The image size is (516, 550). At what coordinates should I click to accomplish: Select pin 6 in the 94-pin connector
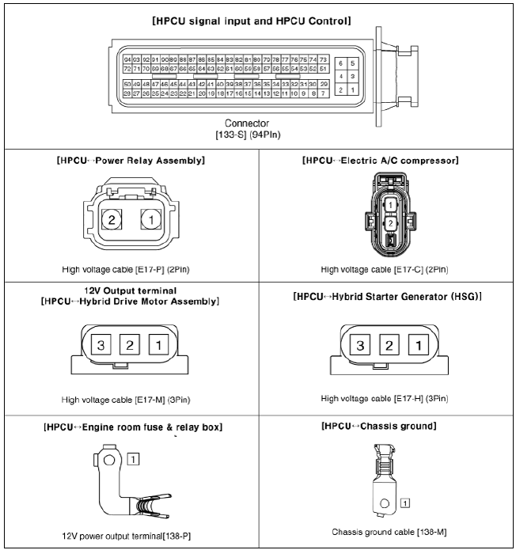tap(340, 63)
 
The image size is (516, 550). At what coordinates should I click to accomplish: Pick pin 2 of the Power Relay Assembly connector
tap(114, 218)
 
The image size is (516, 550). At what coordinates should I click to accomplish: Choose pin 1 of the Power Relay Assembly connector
tap(148, 218)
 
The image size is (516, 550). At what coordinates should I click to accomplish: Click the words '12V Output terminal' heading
tap(130, 290)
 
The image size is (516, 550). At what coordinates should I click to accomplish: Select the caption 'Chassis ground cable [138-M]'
tap(386, 532)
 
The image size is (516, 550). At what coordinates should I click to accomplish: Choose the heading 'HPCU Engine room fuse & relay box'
tap(130, 427)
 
